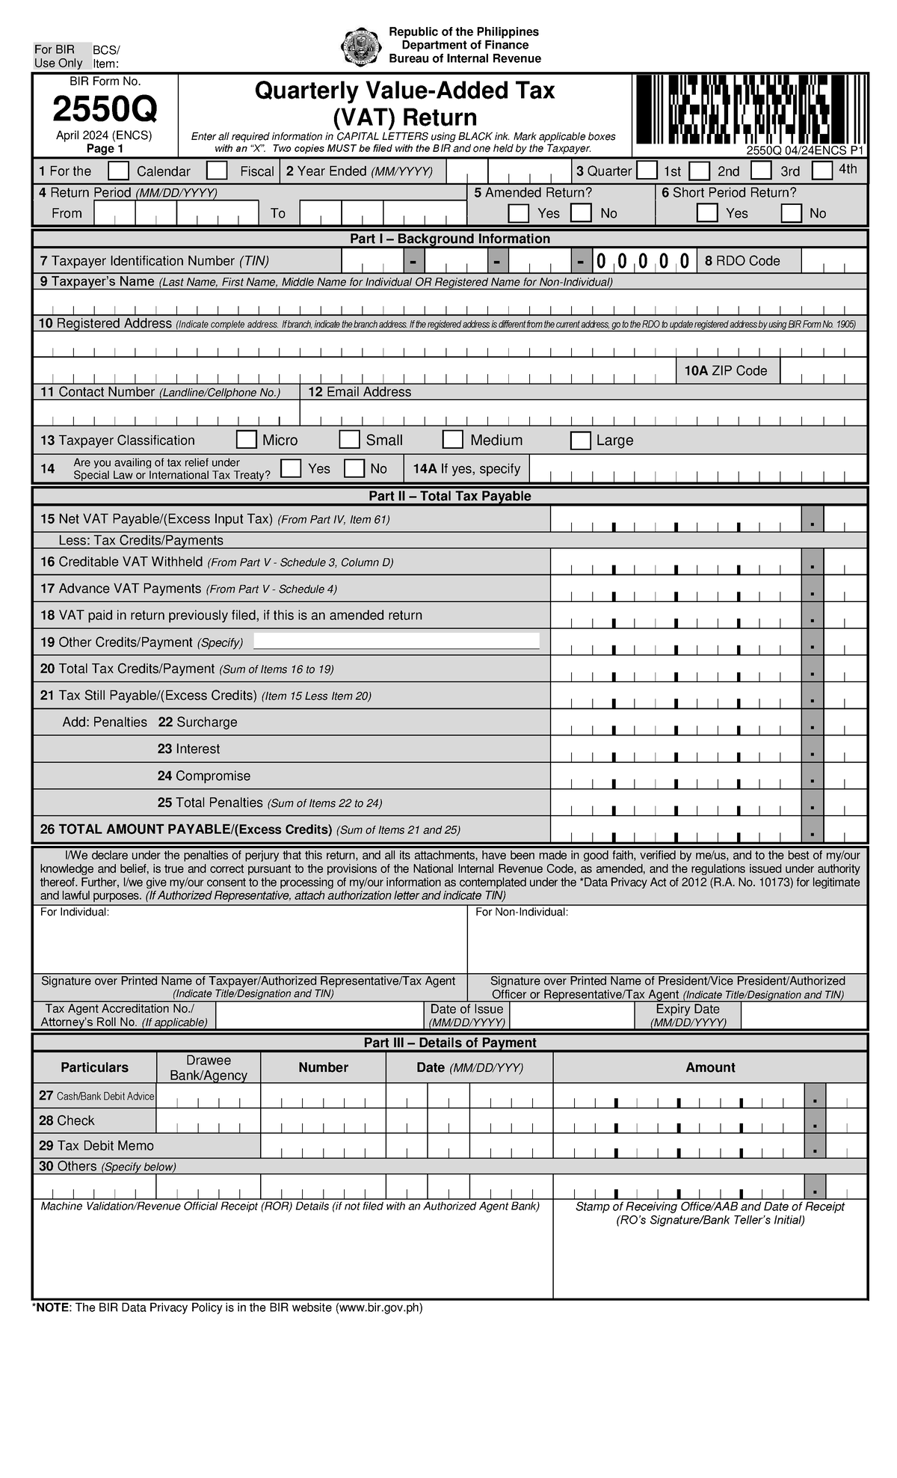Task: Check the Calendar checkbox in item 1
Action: point(118,171)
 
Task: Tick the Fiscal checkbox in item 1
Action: point(217,171)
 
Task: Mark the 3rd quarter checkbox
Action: point(761,171)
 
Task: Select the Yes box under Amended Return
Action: point(518,213)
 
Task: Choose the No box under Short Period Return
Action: point(792,213)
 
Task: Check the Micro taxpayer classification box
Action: point(246,440)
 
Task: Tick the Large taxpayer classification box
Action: point(580,440)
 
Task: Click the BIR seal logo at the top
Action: point(361,46)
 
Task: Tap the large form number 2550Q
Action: point(105,111)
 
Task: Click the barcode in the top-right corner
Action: point(750,109)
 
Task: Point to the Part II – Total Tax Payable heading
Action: point(449,496)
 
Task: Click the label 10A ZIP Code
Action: point(726,371)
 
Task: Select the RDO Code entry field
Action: point(833,261)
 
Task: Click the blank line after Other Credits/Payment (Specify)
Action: point(396,641)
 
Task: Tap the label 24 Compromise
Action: point(203,776)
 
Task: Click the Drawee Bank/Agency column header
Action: point(209,1067)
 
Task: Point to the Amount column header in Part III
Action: point(710,1067)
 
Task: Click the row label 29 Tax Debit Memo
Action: point(96,1145)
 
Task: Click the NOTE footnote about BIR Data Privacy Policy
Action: point(227,1307)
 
